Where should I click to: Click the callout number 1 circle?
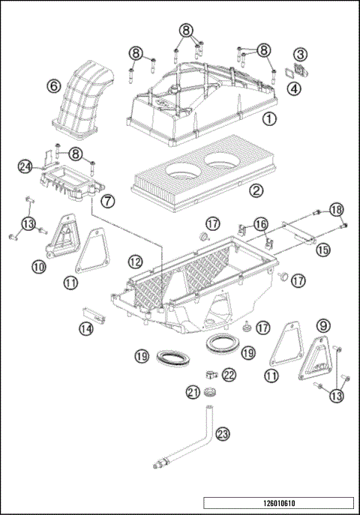[x=268, y=118]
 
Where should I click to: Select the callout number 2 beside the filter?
[x=257, y=190]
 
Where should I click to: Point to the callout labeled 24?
[x=26, y=167]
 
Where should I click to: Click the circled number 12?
[x=135, y=262]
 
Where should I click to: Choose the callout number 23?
[x=223, y=433]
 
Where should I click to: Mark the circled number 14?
[x=87, y=328]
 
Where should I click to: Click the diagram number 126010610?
[x=277, y=503]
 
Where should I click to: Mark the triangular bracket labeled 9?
[x=314, y=361]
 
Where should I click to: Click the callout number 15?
[x=322, y=250]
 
